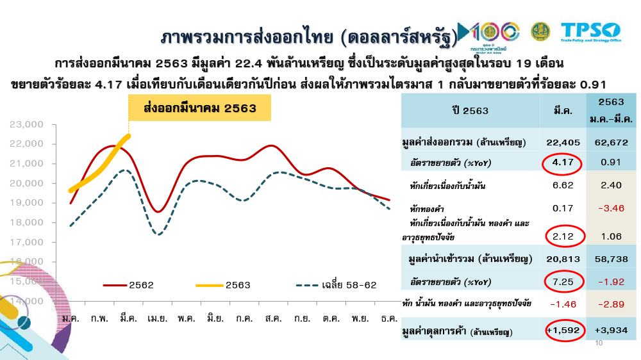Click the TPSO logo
pos(590,31)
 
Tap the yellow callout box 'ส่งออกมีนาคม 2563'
pos(199,108)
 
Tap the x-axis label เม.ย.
pos(156,318)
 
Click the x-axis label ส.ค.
pos(272,318)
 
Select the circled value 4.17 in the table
pos(562,163)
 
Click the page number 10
pos(600,344)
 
